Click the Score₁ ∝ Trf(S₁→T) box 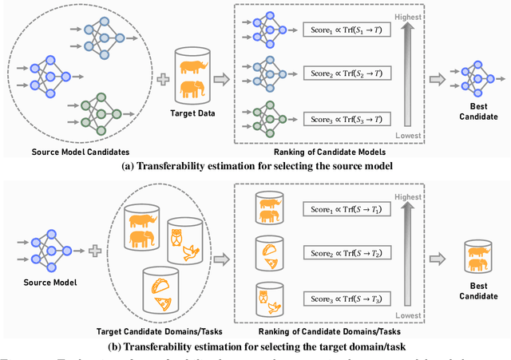point(346,30)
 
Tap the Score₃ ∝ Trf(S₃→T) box point(346,119)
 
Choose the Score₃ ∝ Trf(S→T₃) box point(346,299)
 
